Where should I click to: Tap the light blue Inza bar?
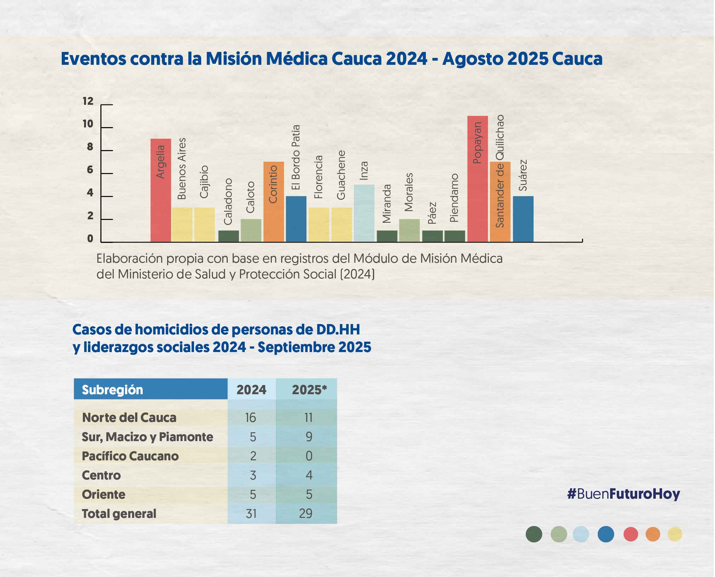[x=364, y=213]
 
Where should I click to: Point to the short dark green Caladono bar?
[x=229, y=236]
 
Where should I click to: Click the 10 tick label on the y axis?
[x=88, y=124]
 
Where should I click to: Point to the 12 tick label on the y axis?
[x=88, y=101]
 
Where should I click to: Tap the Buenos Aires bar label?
[x=182, y=169]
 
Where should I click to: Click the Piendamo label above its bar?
[x=454, y=198]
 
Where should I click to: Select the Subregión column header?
[x=112, y=389]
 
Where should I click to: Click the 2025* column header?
[x=309, y=389]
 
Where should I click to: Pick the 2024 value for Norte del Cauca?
[x=250, y=417]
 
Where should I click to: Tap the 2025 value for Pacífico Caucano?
[x=309, y=456]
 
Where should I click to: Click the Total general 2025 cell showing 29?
[x=306, y=513]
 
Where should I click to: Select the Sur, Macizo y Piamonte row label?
[x=147, y=437]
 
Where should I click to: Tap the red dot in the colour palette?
[x=631, y=535]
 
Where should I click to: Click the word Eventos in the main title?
[x=94, y=59]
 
